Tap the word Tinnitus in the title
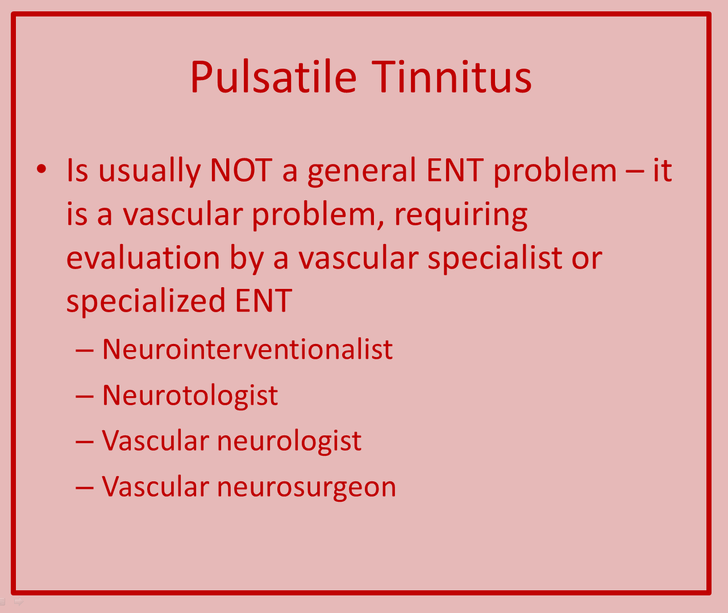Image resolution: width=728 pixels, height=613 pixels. (x=451, y=77)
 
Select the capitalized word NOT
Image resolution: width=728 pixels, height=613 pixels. (x=242, y=170)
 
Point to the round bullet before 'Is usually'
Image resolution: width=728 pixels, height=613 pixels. (x=41, y=169)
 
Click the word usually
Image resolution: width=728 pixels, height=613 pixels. (x=149, y=172)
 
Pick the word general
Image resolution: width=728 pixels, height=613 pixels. (x=362, y=172)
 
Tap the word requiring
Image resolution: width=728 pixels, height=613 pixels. (x=460, y=216)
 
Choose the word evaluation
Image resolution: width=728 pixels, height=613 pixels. (x=143, y=258)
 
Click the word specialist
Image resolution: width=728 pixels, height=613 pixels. (x=495, y=259)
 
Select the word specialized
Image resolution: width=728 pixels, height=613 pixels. (x=146, y=301)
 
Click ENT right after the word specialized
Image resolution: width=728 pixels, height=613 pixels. (x=264, y=301)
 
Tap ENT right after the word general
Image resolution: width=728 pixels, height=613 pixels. (x=455, y=170)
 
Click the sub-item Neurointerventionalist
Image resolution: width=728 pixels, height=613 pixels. (x=248, y=349)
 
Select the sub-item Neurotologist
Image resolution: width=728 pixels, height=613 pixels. (x=190, y=396)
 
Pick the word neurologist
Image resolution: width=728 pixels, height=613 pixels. (x=289, y=442)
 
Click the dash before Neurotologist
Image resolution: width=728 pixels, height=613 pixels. (x=84, y=397)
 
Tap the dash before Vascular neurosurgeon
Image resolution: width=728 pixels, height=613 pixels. (x=84, y=488)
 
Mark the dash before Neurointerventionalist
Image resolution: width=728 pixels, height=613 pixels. (x=84, y=351)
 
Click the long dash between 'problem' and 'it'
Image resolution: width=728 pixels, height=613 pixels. (x=635, y=172)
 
